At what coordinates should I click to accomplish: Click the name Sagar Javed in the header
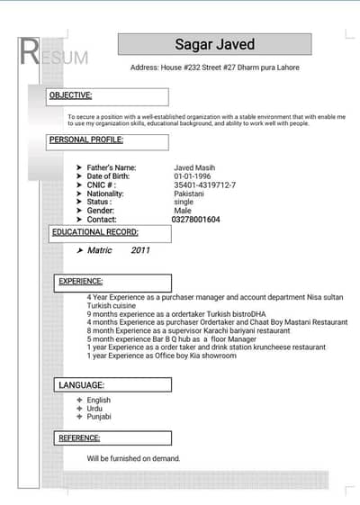click(214, 45)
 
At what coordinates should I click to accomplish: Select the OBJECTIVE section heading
click(71, 95)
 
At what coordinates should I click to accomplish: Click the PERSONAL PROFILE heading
click(86, 140)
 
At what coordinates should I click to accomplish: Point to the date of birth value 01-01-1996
click(193, 176)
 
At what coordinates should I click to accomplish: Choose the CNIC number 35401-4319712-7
click(205, 185)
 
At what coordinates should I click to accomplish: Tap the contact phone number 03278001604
click(196, 220)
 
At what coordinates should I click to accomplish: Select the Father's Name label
click(112, 167)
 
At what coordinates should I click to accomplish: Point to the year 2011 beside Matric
click(141, 250)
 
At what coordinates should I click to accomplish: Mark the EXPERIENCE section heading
click(81, 282)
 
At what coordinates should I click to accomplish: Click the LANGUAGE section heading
click(81, 385)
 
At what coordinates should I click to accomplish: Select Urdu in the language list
click(95, 409)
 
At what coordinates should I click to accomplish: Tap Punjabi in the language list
click(99, 417)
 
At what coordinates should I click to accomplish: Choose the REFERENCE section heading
click(79, 438)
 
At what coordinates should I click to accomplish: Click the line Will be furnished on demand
click(134, 458)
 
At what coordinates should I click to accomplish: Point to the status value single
click(184, 203)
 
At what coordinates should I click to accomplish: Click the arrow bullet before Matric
click(80, 250)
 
